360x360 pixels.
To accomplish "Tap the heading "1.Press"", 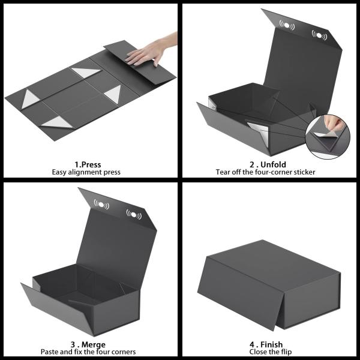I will [88, 164].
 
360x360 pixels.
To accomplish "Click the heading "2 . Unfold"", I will [268, 164].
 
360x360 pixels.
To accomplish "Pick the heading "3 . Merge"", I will [88, 344].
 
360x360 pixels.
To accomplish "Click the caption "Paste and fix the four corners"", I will [88, 352].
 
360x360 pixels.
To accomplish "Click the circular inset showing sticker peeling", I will [325, 135].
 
